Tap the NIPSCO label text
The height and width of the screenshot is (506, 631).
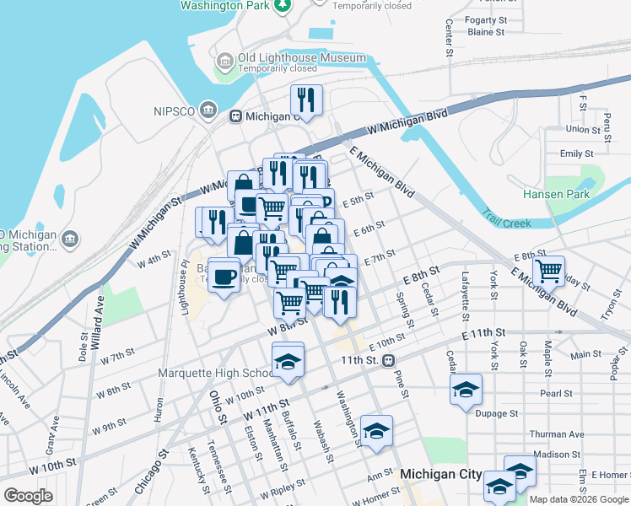(x=175, y=111)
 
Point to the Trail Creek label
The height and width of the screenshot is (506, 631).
(x=506, y=223)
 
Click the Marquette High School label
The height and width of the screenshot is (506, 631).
(x=212, y=373)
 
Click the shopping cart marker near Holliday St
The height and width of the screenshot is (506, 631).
(x=548, y=271)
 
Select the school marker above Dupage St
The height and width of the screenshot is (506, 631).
(x=466, y=389)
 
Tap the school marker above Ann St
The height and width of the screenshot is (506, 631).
(x=376, y=430)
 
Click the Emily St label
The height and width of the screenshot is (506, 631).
(x=576, y=153)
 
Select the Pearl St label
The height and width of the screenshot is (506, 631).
(x=556, y=393)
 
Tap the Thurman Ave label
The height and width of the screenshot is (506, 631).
(x=556, y=434)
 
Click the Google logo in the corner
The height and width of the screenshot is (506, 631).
(x=28, y=495)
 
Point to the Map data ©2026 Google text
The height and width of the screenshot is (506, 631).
(x=578, y=499)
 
